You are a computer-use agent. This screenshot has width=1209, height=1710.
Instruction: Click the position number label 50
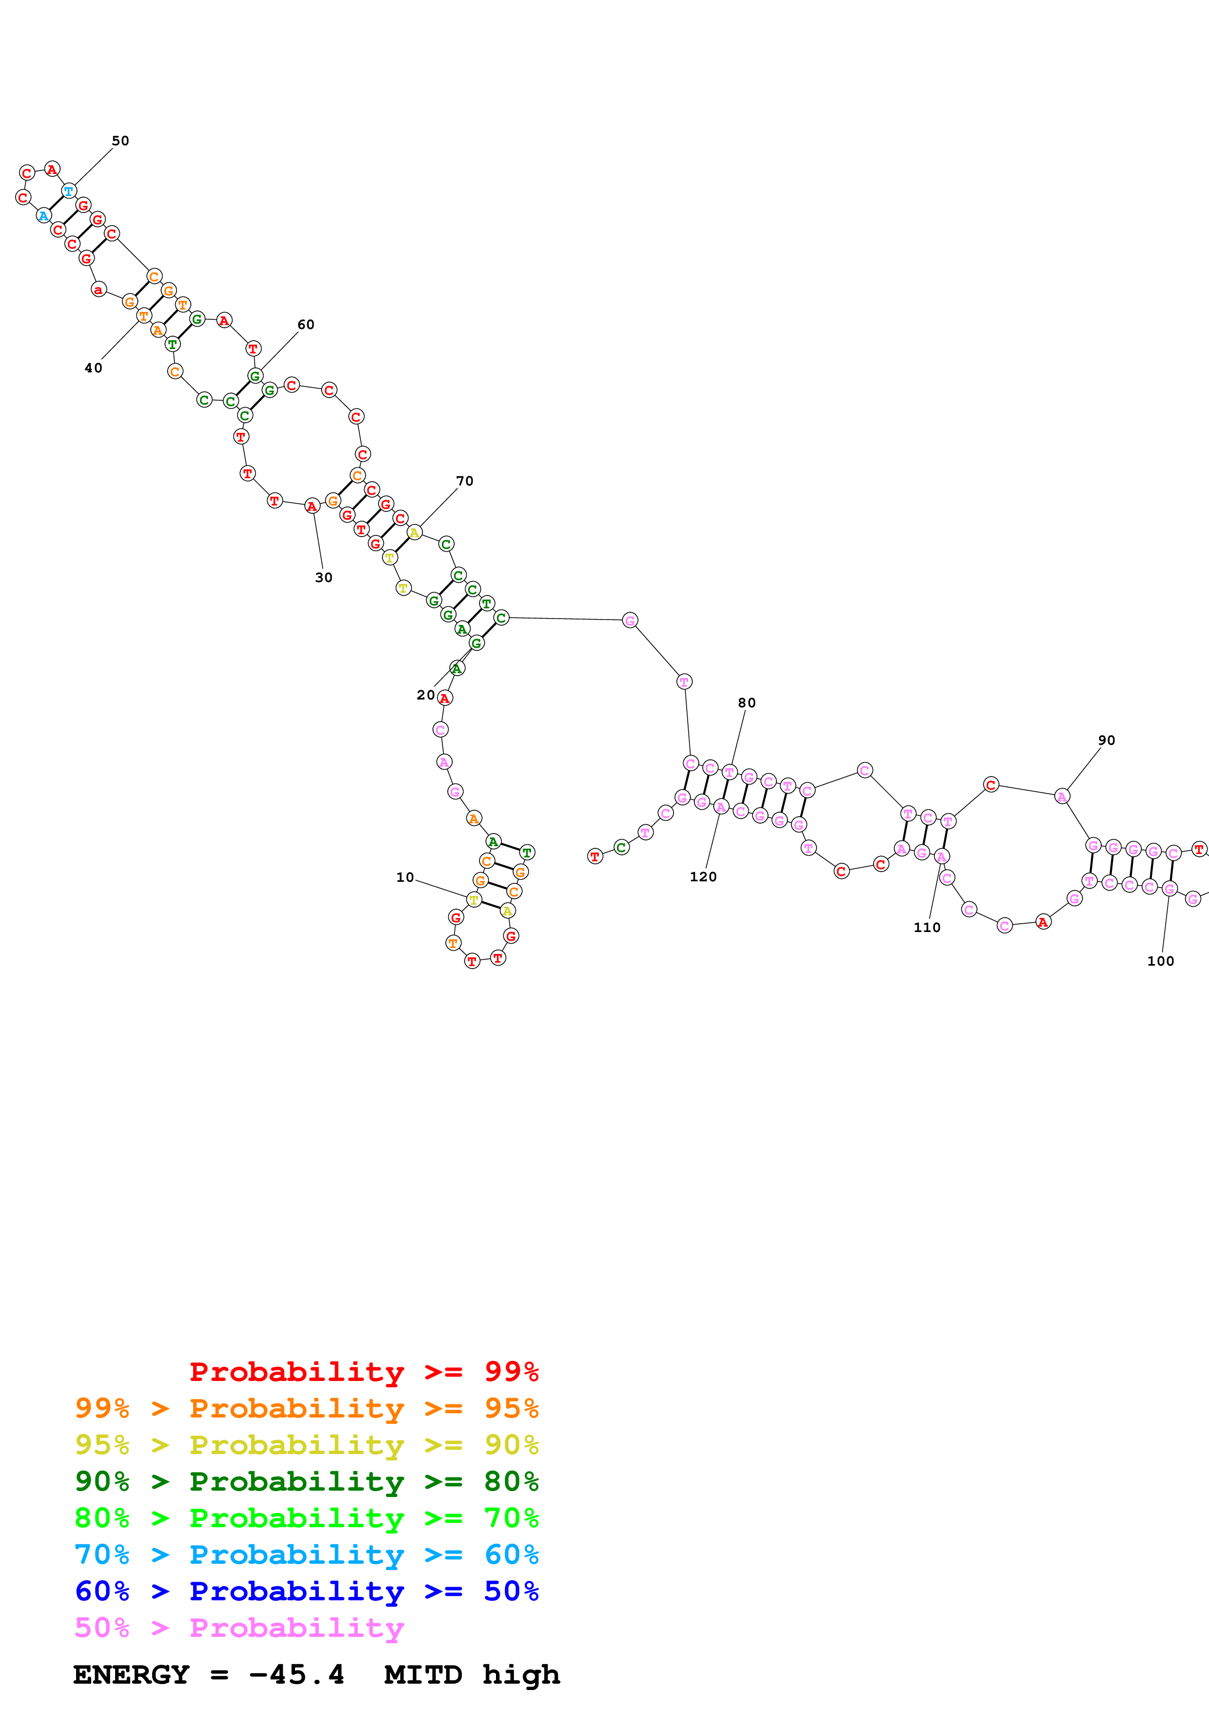(120, 141)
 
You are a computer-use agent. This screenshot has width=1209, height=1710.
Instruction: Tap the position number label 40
(93, 368)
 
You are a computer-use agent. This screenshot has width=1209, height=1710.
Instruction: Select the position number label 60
(305, 325)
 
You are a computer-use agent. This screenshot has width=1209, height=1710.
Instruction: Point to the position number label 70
(464, 481)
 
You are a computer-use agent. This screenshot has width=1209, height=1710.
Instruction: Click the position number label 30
(323, 577)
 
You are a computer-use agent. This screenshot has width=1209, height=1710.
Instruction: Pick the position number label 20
(425, 695)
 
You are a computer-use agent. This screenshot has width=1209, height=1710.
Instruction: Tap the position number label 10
(404, 877)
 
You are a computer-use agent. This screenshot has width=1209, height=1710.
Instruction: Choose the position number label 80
(746, 703)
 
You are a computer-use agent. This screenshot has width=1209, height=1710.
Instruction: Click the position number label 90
(1106, 740)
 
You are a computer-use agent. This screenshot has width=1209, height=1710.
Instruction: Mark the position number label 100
(1160, 961)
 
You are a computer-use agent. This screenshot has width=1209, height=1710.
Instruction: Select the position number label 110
(927, 927)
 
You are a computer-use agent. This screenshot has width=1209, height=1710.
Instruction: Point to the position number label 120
(702, 876)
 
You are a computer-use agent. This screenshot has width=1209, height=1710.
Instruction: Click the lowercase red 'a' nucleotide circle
(99, 290)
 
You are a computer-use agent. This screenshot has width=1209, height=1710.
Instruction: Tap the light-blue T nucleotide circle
(69, 192)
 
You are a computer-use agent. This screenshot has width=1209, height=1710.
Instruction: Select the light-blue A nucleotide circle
(43, 216)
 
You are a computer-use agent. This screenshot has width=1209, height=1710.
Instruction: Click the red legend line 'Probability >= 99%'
(363, 1372)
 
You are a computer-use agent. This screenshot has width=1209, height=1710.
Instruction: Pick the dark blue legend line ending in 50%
(306, 1591)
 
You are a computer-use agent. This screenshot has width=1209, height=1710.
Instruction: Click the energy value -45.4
(297, 1675)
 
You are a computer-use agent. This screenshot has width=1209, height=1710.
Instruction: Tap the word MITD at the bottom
(422, 1675)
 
